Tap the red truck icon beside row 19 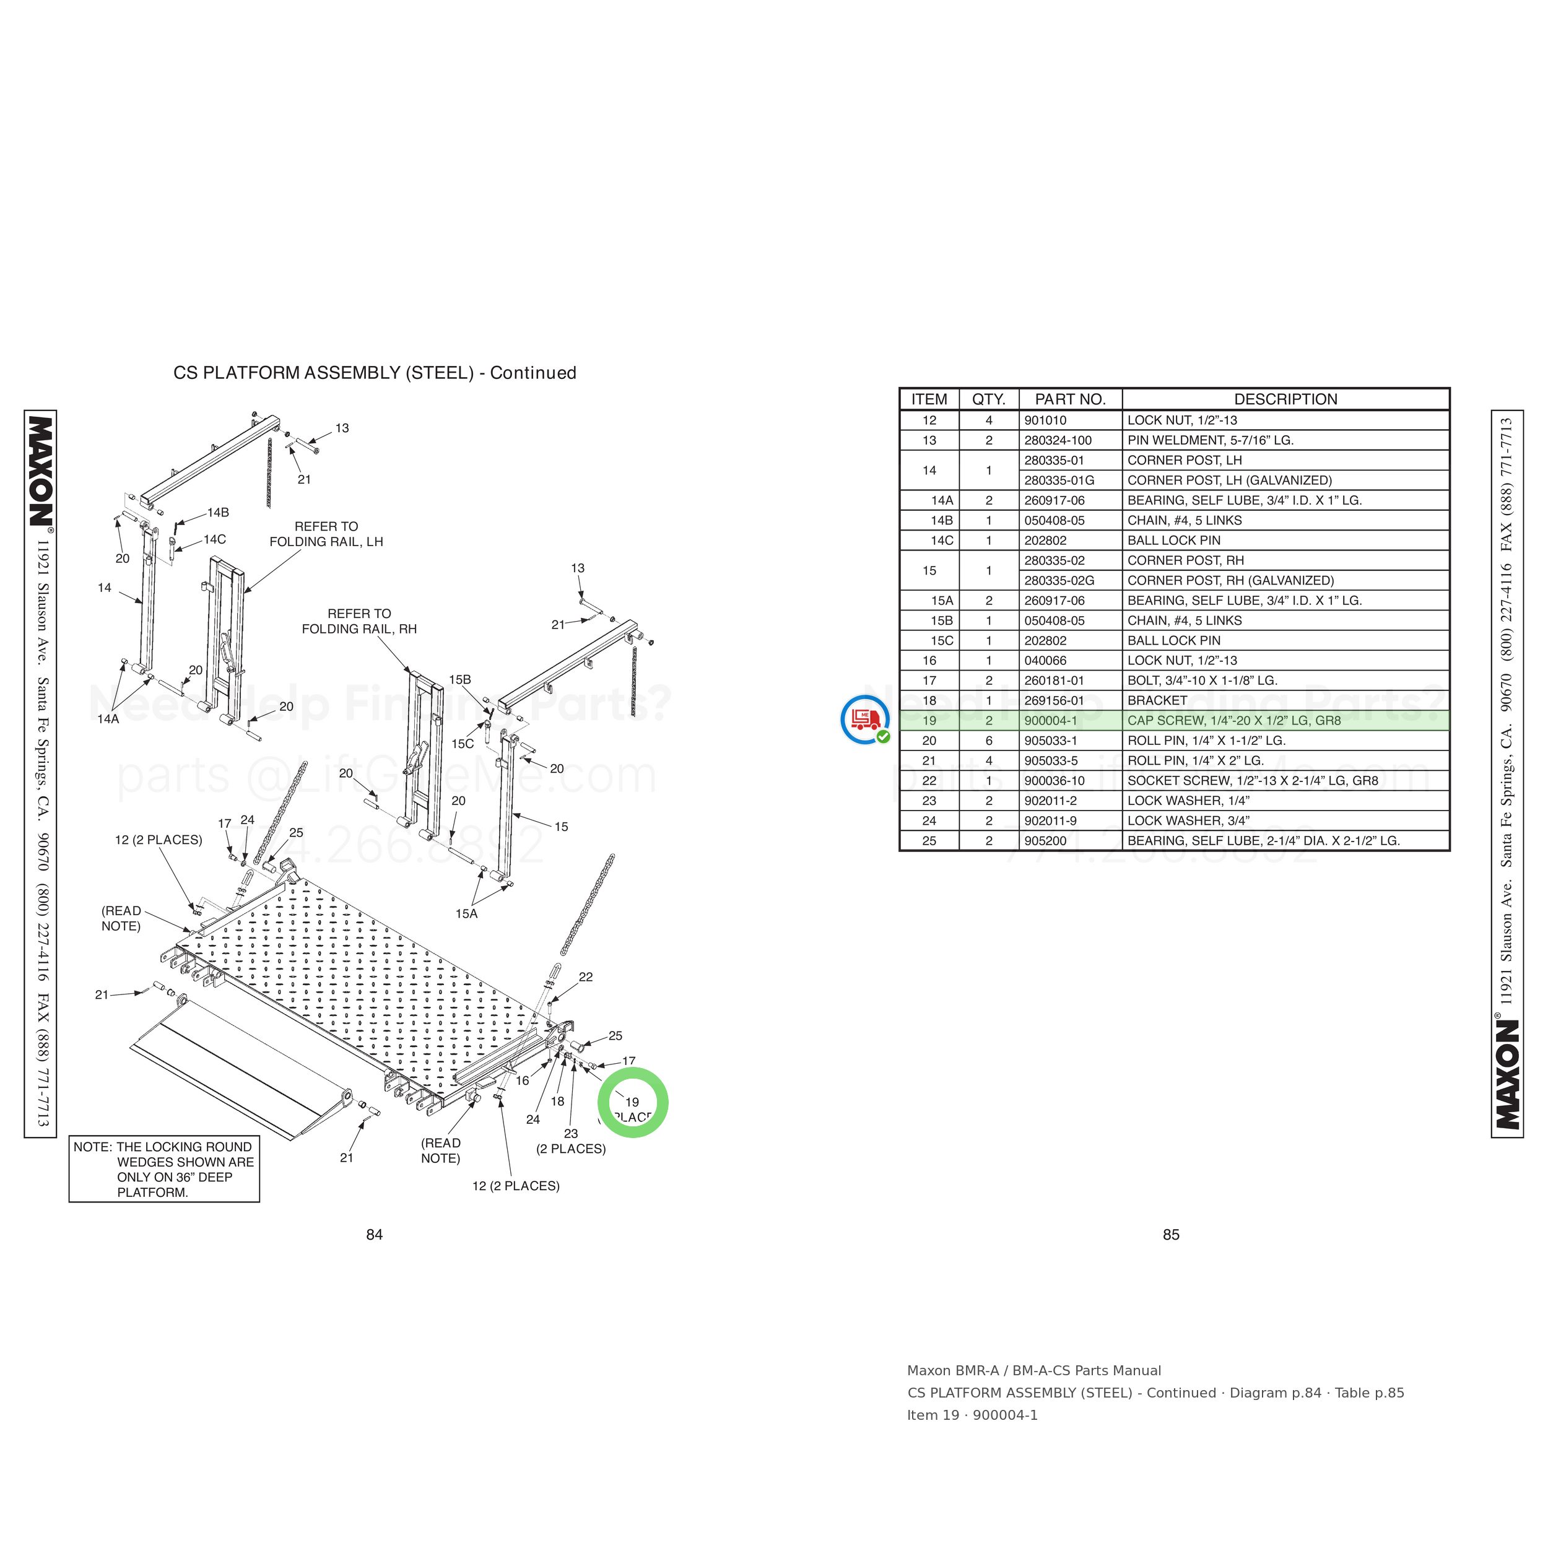click(x=864, y=719)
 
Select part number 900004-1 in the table click(x=1050, y=720)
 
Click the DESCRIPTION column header click(x=1285, y=399)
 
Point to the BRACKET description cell click(x=1157, y=700)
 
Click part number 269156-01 click(x=1054, y=700)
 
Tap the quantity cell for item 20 click(x=989, y=741)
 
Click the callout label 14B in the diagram click(x=218, y=513)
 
